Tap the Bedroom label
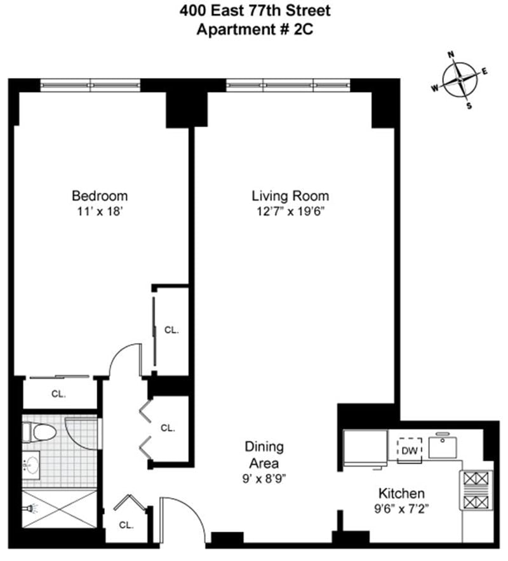[x=100, y=195]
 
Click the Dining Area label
[x=265, y=454]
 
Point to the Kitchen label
[x=401, y=493]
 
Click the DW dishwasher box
[x=409, y=450]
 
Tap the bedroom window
[x=90, y=84]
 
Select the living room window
[x=288, y=84]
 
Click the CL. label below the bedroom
[x=58, y=393]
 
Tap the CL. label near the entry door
[x=126, y=525]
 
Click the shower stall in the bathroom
[x=58, y=508]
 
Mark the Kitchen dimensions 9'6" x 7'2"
[x=401, y=508]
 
